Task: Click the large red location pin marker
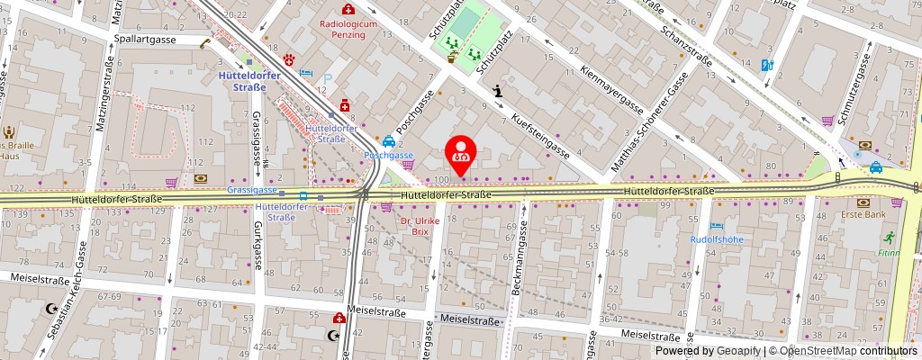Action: (461, 152)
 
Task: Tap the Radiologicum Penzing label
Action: (348, 30)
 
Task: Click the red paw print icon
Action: (290, 59)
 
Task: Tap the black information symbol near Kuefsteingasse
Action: (498, 91)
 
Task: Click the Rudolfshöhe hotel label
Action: (715, 239)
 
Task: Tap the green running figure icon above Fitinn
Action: (890, 238)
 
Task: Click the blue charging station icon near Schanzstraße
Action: (767, 65)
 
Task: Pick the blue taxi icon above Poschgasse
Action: (388, 140)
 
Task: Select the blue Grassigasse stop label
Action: (251, 191)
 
